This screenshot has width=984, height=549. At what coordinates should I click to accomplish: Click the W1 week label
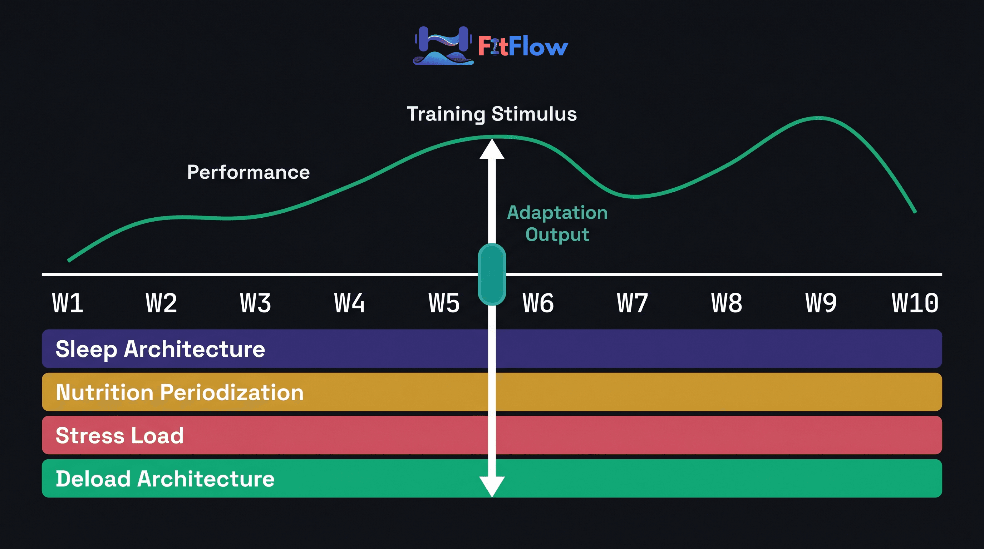[x=68, y=303]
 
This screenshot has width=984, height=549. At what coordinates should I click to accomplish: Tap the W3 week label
[x=256, y=303]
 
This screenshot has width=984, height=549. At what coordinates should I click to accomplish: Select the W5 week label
[x=444, y=303]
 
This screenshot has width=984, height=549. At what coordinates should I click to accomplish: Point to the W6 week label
[x=538, y=303]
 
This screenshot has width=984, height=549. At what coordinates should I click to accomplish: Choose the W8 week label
[x=727, y=303]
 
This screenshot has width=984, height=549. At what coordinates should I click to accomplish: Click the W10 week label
[x=915, y=303]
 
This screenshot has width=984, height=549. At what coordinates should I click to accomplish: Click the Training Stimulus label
[x=492, y=114]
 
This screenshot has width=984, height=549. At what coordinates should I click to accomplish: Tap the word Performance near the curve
[x=248, y=172]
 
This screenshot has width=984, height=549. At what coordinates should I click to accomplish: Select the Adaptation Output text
[x=557, y=223]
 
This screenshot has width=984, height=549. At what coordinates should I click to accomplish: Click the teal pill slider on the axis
[x=492, y=274]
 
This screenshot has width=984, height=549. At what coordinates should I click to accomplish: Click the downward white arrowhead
[x=492, y=486]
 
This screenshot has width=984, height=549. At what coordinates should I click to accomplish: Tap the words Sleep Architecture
[x=161, y=349]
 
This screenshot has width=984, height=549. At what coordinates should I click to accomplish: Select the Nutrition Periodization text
[x=179, y=392]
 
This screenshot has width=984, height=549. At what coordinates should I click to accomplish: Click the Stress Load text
[x=119, y=435]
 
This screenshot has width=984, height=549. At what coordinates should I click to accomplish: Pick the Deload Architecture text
[x=165, y=479]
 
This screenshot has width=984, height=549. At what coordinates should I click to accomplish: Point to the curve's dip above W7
[x=635, y=197]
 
